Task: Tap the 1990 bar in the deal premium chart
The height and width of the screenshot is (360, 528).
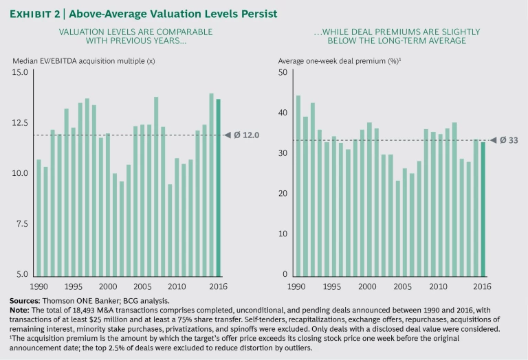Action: click(x=298, y=185)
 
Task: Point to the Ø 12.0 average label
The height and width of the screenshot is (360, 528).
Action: click(x=245, y=135)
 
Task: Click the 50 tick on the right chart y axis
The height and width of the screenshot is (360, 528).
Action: click(x=282, y=72)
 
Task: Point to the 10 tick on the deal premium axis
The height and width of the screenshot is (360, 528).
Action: click(x=282, y=234)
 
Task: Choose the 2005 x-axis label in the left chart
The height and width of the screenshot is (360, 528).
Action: click(x=141, y=286)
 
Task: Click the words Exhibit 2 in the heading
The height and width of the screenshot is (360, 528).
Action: click(x=35, y=12)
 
